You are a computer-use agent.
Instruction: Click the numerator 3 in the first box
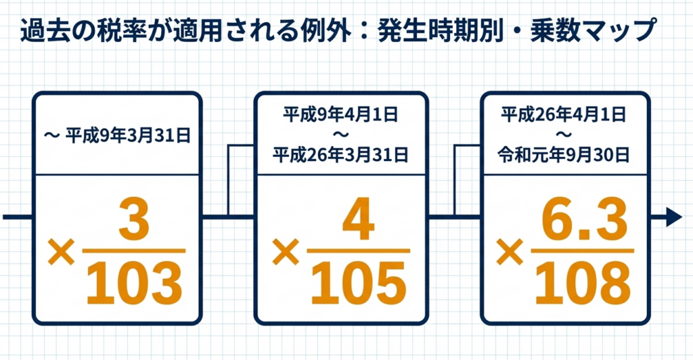click(x=134, y=221)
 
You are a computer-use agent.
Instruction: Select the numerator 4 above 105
click(x=358, y=221)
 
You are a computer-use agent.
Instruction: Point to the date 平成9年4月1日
click(x=341, y=113)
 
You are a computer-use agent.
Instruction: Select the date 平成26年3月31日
click(x=341, y=156)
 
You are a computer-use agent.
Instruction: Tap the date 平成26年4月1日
click(x=564, y=113)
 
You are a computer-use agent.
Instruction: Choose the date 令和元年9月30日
click(x=564, y=156)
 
